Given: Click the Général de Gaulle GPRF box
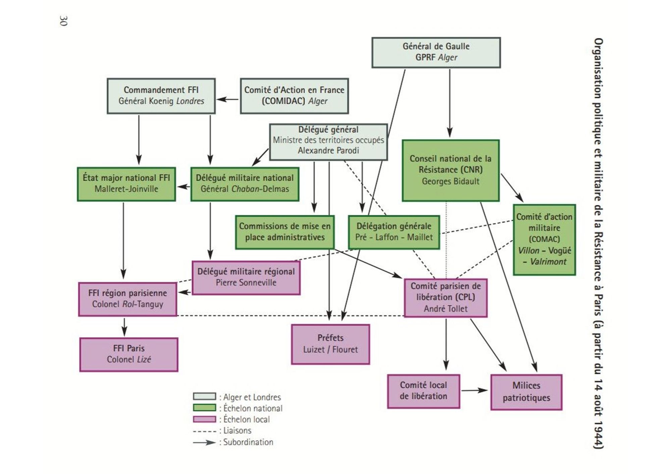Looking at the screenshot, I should coord(436,52).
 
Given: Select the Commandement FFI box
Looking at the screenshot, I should coord(161,96).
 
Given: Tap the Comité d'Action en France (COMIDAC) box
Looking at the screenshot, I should coord(294,96).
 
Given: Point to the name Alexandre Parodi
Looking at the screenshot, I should coord(328,151).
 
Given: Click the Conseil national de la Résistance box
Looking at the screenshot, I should coord(451,170).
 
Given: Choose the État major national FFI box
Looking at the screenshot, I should coord(126,184).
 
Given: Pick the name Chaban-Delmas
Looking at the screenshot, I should coord(260,189).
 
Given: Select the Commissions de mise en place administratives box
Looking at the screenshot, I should coord(285,232).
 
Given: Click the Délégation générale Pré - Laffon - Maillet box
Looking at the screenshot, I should coord(394,232).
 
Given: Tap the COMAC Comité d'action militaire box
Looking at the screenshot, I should coord(544,239).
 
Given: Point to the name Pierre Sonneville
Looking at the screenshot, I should coord(246,283).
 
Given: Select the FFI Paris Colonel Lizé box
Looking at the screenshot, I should coord(129,354).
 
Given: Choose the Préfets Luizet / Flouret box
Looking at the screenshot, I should coord(330,344).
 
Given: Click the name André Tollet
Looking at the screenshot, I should coord(445,309).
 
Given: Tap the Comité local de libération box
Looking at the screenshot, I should coord(423,391).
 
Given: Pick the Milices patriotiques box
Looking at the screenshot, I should coord(526,392).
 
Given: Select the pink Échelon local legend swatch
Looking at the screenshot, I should coord(204,419).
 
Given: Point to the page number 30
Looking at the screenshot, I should coord(63,21).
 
